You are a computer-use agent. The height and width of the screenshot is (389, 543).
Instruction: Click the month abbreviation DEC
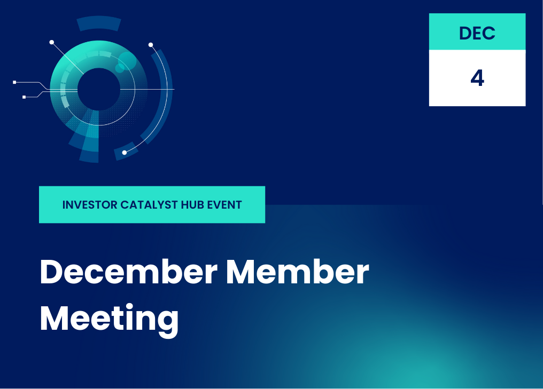[477, 33]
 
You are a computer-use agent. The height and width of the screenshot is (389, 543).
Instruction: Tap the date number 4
[477, 78]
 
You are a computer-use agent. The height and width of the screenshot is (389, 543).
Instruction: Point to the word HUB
[192, 205]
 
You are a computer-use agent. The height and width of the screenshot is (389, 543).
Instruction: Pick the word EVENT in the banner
[224, 205]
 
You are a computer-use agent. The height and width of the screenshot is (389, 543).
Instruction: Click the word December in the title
[129, 272]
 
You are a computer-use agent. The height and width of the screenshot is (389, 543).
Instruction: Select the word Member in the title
[298, 272]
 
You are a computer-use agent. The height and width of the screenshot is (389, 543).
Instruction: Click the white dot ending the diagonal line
[52, 42]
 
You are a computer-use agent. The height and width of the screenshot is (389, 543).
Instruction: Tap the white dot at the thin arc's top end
[151, 45]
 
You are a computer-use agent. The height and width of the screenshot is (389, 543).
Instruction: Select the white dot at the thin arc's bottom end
[125, 153]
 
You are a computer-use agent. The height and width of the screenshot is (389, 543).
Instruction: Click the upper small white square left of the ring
[14, 82]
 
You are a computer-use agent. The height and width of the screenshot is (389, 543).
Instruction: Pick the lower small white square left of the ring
[24, 97]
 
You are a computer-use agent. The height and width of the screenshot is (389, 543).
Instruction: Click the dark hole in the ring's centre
[99, 89]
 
